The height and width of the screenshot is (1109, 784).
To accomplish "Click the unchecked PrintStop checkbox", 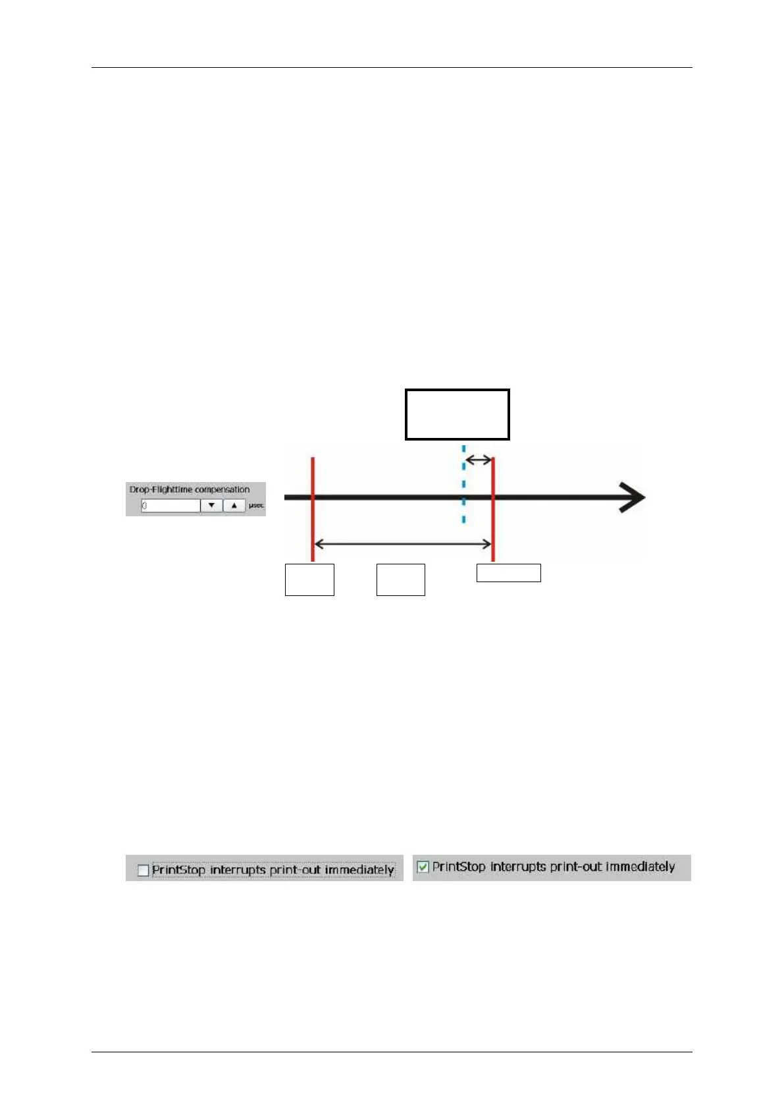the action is click(x=143, y=870).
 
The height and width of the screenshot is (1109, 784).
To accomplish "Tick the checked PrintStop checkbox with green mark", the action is click(x=423, y=867).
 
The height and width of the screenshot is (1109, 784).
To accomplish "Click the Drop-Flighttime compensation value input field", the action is click(x=170, y=506).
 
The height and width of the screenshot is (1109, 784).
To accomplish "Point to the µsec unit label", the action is click(x=256, y=506).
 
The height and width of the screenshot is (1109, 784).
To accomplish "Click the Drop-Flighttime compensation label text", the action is click(x=189, y=489).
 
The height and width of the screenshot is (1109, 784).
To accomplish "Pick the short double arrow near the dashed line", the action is click(x=479, y=460).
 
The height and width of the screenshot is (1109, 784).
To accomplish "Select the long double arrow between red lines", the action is click(x=403, y=544).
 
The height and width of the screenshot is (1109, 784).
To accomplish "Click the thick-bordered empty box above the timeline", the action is click(x=457, y=414).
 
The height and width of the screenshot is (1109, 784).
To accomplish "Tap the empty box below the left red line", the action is click(x=309, y=580).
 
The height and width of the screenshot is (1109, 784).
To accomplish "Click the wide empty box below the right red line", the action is click(x=509, y=573).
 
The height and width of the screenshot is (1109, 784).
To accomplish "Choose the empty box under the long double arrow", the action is click(x=401, y=580).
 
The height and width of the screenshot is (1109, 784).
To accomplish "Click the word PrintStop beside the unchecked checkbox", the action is click(x=178, y=870).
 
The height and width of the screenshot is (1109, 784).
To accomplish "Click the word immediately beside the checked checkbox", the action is click(x=640, y=867).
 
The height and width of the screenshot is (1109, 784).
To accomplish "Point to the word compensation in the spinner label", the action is click(x=222, y=489).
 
